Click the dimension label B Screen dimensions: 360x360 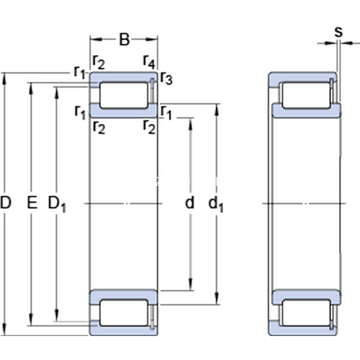pos(124,40)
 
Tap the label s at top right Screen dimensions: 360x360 pos(338,32)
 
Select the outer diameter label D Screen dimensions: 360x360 pos(5,203)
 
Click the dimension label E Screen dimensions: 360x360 pos(32,203)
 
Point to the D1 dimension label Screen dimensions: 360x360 pos(57,204)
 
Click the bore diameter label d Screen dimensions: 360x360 pos(190,203)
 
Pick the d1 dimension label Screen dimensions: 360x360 pos(216,204)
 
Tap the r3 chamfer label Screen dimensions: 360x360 pos(166,78)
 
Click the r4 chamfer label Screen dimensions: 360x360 pos(149,62)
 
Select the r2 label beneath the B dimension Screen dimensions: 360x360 pos(99,62)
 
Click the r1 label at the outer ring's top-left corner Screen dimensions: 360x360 pos(79,72)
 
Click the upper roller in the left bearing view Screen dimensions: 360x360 pos(124,95)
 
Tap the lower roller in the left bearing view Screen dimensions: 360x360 pos(124,313)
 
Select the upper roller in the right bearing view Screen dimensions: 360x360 pos(306,95)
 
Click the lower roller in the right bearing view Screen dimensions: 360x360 pos(306,313)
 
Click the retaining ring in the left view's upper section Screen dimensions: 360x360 pos(152,91)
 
